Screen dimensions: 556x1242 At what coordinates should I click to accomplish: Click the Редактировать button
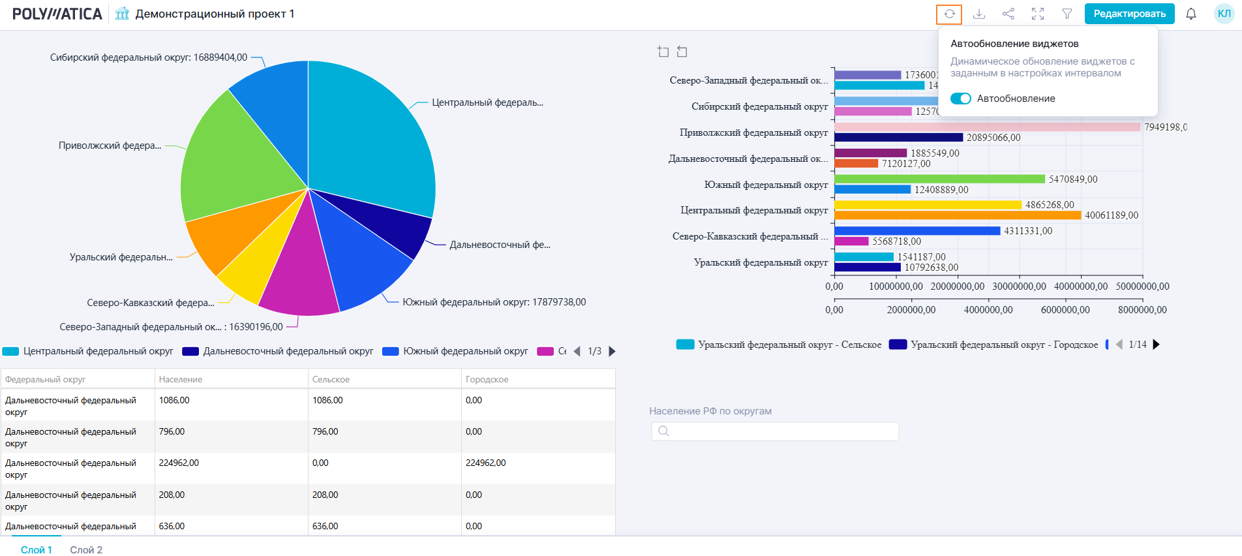[1129, 14]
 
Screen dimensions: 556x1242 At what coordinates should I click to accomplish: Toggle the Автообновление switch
[961, 99]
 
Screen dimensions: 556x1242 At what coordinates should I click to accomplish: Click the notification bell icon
[1191, 14]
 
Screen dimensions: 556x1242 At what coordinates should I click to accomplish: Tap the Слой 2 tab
[86, 549]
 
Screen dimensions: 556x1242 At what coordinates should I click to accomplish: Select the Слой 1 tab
[37, 549]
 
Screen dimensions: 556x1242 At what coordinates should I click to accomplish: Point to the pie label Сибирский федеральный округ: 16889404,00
[149, 57]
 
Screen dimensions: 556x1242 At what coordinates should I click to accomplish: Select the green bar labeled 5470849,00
[939, 179]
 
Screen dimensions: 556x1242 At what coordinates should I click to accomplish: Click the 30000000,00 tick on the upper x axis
[1019, 286]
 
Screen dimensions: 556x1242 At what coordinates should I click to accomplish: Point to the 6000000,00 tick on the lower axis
[1065, 310]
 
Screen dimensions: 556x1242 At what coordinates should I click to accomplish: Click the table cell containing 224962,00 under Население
[179, 463]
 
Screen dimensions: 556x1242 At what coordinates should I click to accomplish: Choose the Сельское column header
[331, 379]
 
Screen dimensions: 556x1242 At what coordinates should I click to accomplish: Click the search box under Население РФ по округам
[775, 431]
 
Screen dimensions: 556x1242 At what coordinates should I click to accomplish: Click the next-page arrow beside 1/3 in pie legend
[612, 351]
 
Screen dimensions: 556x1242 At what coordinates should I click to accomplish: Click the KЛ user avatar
[1224, 14]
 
